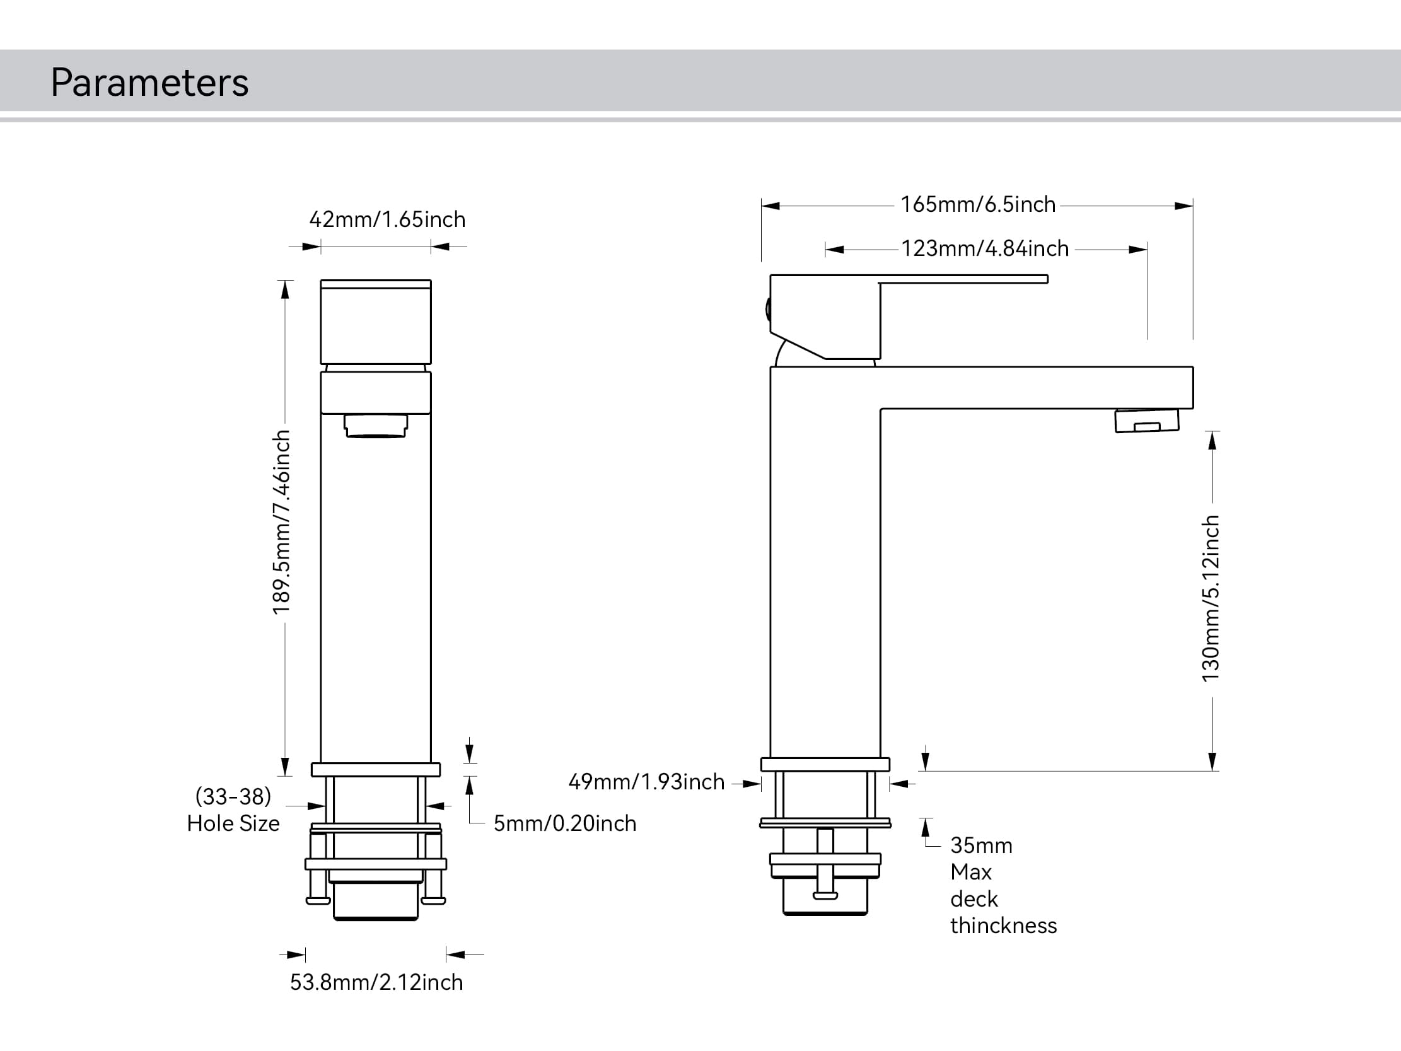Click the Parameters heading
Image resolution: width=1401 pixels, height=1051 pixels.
(149, 83)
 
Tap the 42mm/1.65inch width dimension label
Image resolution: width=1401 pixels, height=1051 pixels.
(387, 220)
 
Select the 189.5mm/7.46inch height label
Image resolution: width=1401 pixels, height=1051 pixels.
(281, 522)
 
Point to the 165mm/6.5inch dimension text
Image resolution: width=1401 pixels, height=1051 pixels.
(978, 205)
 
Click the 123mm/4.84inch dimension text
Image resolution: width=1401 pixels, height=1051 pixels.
(985, 248)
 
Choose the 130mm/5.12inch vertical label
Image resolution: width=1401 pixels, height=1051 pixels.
(1211, 599)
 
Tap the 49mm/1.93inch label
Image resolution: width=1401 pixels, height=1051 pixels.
(646, 782)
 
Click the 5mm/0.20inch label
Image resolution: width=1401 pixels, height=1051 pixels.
(564, 823)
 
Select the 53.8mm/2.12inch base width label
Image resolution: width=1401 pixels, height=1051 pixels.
(376, 982)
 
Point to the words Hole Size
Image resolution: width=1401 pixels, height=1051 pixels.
(233, 823)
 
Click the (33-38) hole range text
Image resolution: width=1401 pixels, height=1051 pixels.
(233, 796)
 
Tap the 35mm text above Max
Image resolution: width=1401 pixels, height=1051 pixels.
(981, 845)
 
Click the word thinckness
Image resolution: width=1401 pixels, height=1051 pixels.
(1003, 926)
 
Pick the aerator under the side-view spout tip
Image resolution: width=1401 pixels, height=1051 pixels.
(1146, 421)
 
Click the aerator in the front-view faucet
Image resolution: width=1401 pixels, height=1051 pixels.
(376, 426)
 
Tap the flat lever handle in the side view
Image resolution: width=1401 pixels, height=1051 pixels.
(963, 279)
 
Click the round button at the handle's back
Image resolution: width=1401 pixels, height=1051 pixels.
(768, 310)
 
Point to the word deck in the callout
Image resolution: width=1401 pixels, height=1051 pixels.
(974, 899)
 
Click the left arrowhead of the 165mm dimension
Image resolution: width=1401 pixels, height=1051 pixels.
(770, 206)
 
